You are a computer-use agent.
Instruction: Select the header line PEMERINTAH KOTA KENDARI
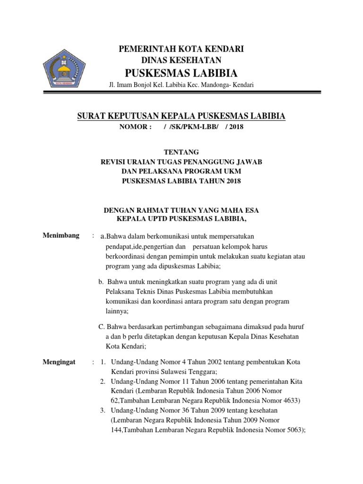coord(181,49)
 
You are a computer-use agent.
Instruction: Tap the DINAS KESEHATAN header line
coord(181,60)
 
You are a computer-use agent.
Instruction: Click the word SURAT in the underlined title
coord(92,116)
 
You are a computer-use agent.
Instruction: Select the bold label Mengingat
coord(60,362)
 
